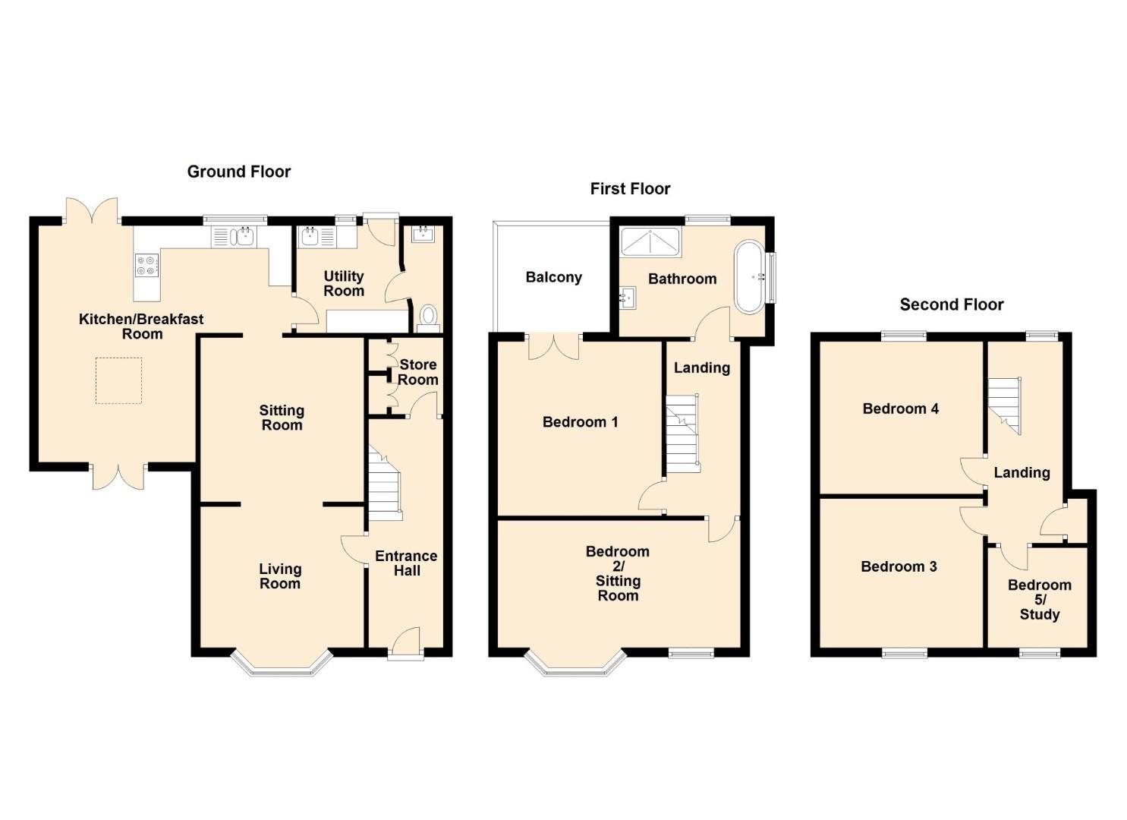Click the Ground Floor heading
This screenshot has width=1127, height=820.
tap(239, 172)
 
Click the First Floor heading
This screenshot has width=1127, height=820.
tap(630, 189)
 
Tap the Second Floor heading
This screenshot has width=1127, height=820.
tap(952, 304)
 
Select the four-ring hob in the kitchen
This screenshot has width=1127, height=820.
tap(147, 265)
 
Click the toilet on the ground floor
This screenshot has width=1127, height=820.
tap(428, 318)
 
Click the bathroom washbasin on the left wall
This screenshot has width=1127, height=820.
tap(628, 297)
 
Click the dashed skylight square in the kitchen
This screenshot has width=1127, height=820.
tap(118, 380)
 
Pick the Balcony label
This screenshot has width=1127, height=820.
tap(554, 277)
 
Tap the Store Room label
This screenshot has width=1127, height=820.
tap(417, 372)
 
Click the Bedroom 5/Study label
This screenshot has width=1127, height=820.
tap(1040, 600)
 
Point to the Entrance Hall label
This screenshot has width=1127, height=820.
tap(407, 563)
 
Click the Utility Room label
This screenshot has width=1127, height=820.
tap(344, 283)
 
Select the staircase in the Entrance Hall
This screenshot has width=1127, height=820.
tap(385, 483)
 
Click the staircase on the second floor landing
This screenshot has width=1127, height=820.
tap(1005, 405)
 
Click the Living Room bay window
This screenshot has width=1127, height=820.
tap(282, 664)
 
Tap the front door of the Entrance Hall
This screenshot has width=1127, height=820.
tap(405, 645)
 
